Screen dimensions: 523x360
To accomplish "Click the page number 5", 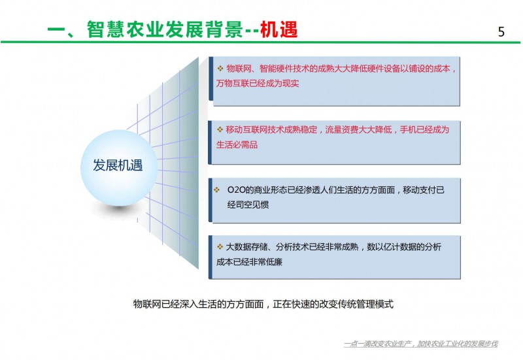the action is click(501, 31).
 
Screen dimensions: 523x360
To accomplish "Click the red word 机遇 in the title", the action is click(278, 29).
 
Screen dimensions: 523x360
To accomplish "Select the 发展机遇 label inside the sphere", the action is click(118, 165).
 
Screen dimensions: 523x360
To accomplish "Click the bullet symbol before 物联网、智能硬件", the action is click(220, 69).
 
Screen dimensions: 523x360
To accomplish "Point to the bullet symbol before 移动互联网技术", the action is click(220, 129).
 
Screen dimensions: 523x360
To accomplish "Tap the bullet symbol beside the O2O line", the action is click(217, 189).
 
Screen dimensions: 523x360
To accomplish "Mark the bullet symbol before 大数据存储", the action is click(220, 247).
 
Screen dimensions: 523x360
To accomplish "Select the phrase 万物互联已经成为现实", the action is click(258, 84).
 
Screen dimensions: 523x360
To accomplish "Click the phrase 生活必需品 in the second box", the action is click(237, 144).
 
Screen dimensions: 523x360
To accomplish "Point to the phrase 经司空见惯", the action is click(248, 205).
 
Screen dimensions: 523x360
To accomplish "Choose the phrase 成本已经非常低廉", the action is click(249, 261).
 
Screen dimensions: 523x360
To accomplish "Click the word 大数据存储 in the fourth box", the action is click(247, 247).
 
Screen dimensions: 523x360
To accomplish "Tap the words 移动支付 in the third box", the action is click(419, 190).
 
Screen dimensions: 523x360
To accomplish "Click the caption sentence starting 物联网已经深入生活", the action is click(263, 304).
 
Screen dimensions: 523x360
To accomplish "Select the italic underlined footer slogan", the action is click(420, 344).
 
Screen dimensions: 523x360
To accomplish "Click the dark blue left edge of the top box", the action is click(211, 78).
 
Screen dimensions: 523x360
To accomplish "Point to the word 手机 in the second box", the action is click(408, 129).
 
